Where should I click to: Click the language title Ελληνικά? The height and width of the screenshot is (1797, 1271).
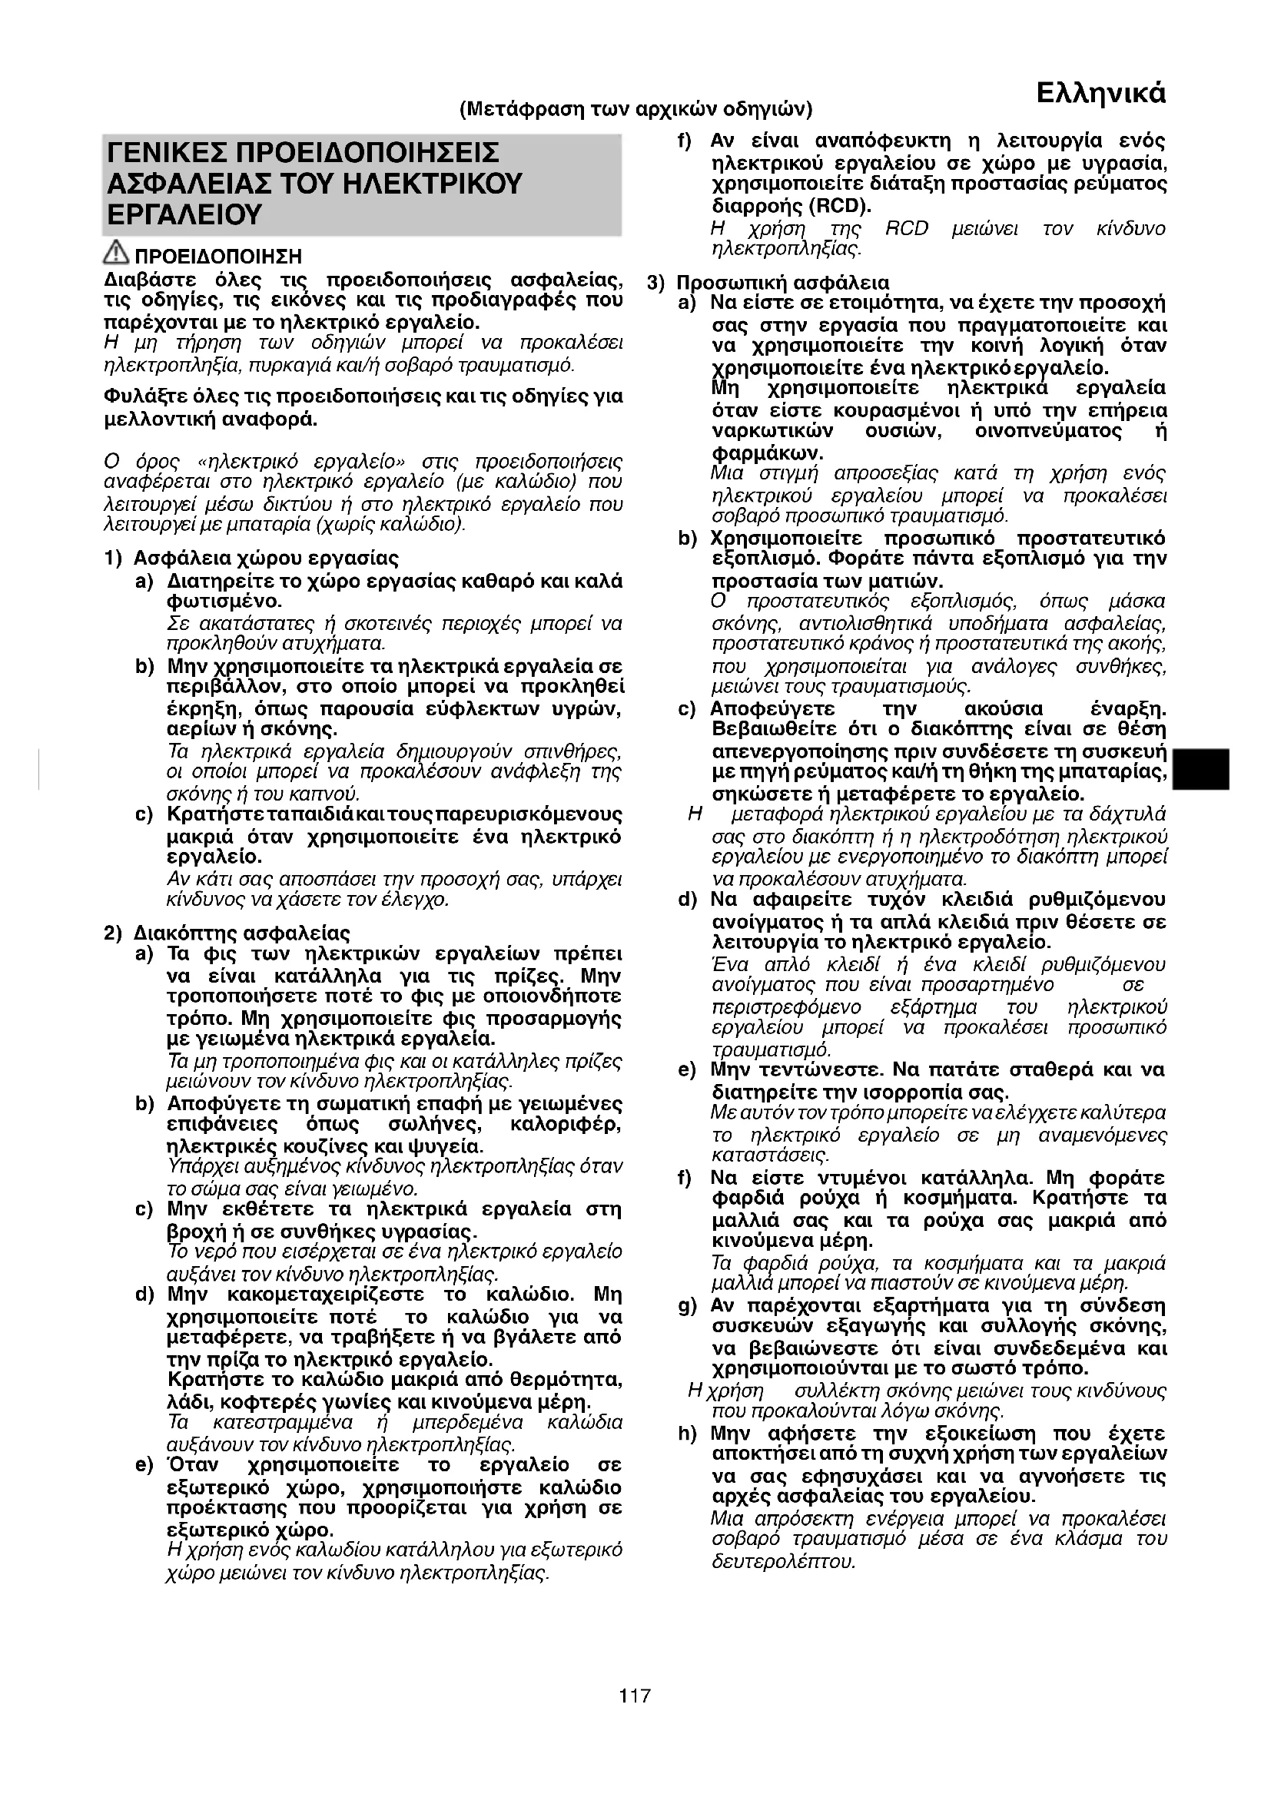pyautogui.click(x=1100, y=93)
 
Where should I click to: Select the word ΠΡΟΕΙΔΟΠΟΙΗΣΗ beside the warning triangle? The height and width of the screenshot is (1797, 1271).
pyautogui.click(x=218, y=257)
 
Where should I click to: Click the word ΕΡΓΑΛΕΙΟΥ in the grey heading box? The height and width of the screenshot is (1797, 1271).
pyautogui.click(x=184, y=214)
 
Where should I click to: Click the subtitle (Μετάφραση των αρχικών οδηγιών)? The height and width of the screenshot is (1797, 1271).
pyautogui.click(x=635, y=108)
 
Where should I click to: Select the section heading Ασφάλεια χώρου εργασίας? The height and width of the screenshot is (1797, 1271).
pyautogui.click(x=266, y=558)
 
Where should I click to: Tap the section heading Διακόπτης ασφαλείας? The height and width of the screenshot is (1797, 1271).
pyautogui.click(x=242, y=933)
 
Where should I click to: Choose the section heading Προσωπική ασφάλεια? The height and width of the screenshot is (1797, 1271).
pyautogui.click(x=782, y=283)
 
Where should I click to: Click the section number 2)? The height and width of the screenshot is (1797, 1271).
pyautogui.click(x=114, y=933)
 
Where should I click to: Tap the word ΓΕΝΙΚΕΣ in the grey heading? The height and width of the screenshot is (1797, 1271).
pyautogui.click(x=167, y=152)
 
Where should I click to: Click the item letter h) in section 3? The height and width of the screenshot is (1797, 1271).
pyautogui.click(x=687, y=1434)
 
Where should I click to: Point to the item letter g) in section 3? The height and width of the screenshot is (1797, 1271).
pyautogui.click(x=687, y=1305)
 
